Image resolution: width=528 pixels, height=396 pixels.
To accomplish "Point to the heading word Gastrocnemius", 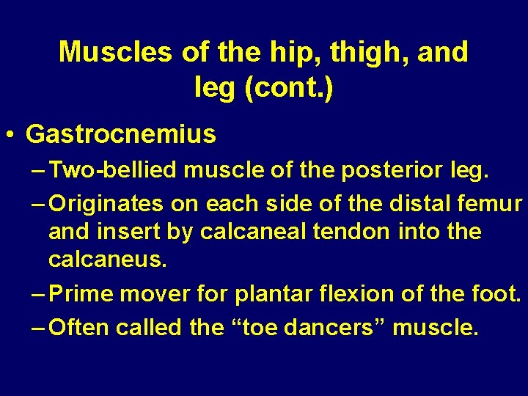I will tap(121, 134).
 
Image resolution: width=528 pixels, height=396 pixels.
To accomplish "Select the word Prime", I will tap(81, 294).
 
